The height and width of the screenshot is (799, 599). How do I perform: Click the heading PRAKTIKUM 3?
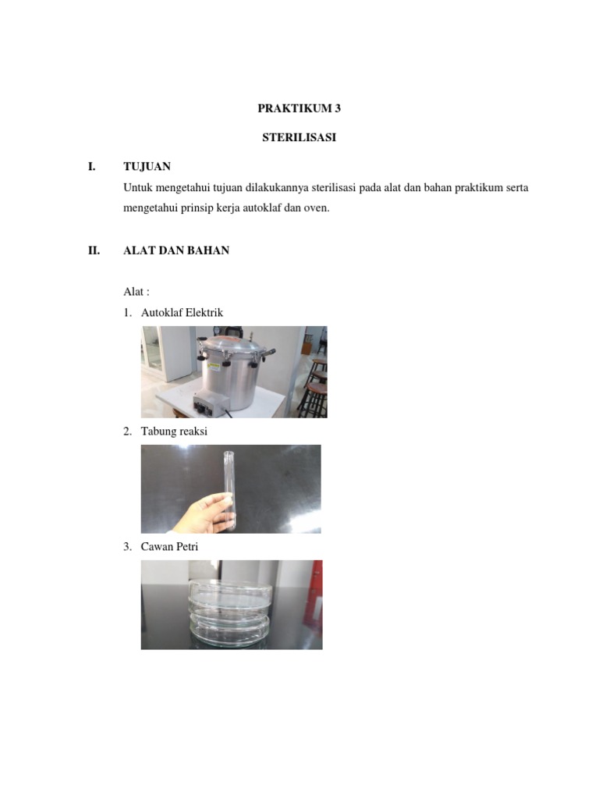tap(299, 109)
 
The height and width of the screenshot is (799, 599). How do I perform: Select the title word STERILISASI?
tap(299, 137)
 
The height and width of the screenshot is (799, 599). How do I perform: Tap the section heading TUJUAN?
tap(147, 166)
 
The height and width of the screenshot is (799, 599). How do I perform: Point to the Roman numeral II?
tap(94, 251)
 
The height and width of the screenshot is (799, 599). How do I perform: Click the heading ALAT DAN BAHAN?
tap(176, 251)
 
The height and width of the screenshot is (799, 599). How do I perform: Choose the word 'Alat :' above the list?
tap(136, 292)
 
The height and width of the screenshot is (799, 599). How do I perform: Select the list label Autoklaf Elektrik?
tap(182, 313)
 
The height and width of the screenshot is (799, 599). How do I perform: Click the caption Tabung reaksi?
tap(174, 431)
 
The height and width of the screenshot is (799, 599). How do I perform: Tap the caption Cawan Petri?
tap(169, 547)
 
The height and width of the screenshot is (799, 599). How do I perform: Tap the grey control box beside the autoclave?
tap(211, 403)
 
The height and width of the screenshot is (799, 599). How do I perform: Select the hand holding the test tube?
tap(199, 511)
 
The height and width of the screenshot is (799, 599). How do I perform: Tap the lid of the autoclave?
tap(234, 344)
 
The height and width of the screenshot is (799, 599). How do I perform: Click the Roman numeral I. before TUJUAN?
tap(92, 166)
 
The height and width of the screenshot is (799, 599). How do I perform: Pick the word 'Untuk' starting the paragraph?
tap(137, 188)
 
